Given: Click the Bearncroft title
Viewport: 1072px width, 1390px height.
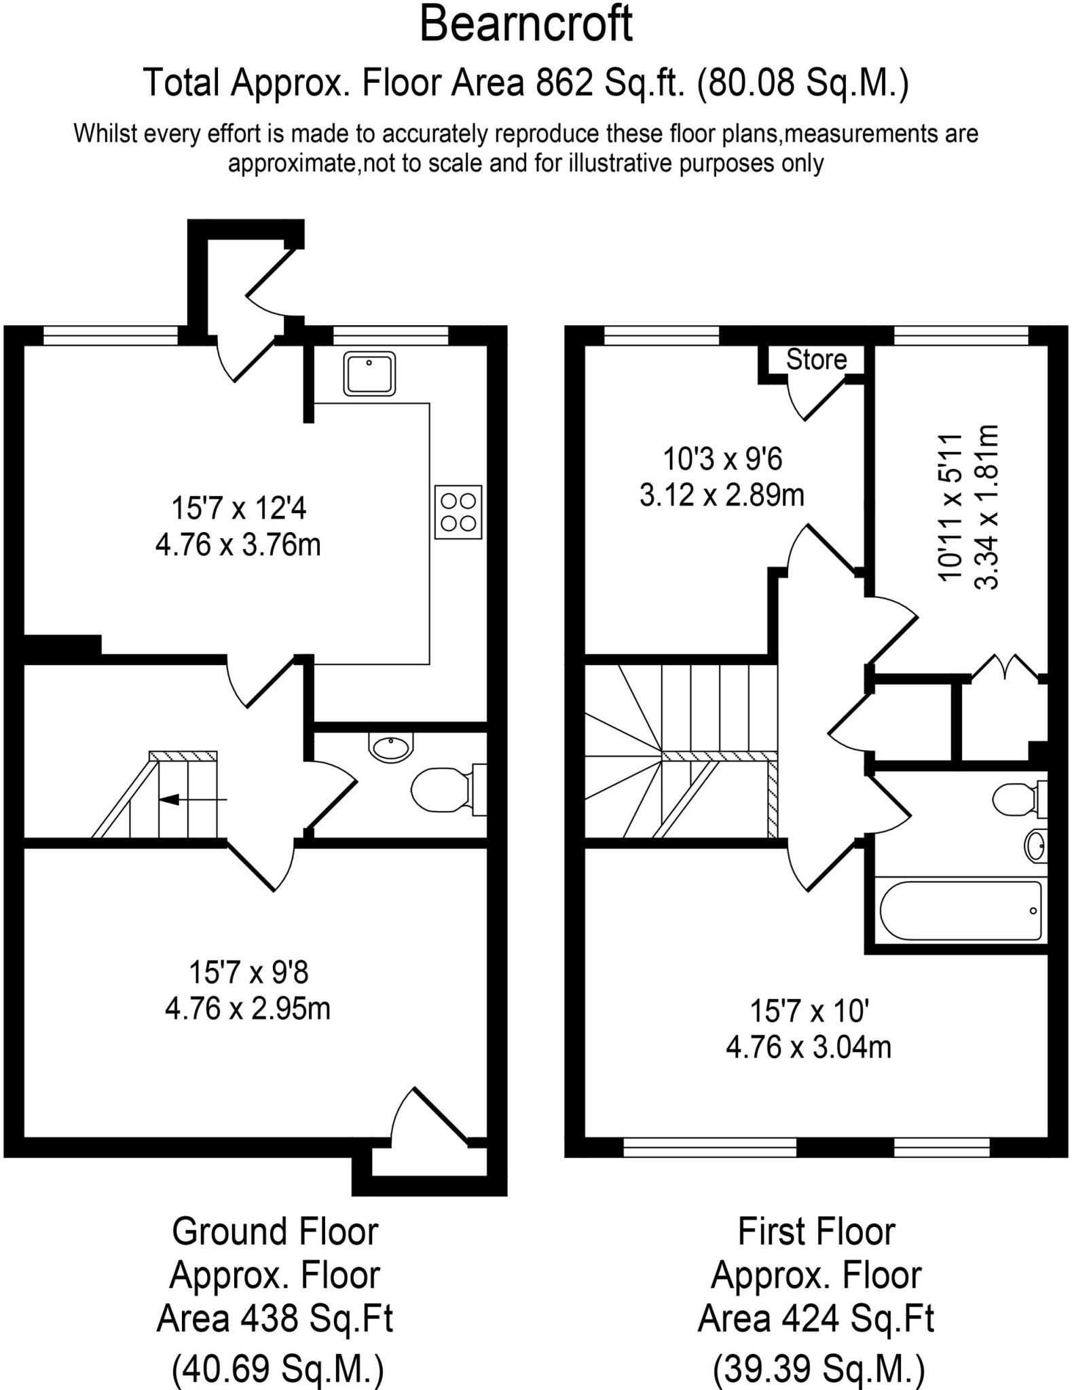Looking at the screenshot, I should (526, 25).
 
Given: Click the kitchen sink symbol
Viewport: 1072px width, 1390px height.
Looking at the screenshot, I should (370, 373).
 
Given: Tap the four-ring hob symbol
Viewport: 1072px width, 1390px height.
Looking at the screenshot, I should (458, 512).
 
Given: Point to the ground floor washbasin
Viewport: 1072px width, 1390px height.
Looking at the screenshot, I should (390, 747).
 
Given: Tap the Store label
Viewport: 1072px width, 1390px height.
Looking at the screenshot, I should (816, 359).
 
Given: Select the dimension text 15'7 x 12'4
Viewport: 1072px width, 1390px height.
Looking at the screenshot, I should (238, 508).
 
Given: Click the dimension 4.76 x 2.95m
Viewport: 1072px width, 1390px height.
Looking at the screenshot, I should (247, 1008).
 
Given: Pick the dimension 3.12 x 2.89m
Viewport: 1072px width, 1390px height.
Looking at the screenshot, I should (722, 495).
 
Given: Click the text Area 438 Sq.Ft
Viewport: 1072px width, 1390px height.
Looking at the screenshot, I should (274, 1319).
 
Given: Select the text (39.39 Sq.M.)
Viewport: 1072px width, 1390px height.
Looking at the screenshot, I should (818, 1368).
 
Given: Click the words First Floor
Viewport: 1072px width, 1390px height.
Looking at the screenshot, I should (816, 1231).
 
